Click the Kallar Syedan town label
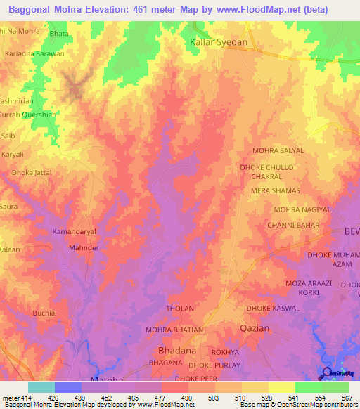(x=219, y=43)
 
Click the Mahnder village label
(x=84, y=248)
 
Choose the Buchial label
(x=45, y=313)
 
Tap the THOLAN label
(x=179, y=309)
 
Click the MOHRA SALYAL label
(x=278, y=151)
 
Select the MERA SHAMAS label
(x=276, y=191)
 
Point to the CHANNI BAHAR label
(x=293, y=226)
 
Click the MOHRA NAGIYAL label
(x=301, y=209)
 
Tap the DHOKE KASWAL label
(x=273, y=309)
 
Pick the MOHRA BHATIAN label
(x=174, y=330)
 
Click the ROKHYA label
(x=226, y=353)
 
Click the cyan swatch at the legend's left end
(x=41, y=387)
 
